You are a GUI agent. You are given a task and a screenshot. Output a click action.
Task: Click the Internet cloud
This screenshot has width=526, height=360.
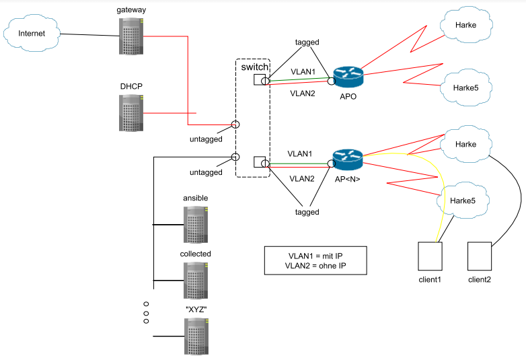coord(32,34)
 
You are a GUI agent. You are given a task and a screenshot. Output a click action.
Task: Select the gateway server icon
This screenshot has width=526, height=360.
coord(131,36)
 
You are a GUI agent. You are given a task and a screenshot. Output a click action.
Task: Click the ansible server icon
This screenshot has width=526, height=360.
coord(195,224)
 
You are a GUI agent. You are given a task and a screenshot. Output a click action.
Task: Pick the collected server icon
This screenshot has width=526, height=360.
coord(195,280)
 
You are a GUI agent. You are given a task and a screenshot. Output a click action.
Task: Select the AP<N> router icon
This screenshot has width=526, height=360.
coord(348,159)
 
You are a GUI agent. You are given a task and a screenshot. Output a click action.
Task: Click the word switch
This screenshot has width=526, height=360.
coord(255,68)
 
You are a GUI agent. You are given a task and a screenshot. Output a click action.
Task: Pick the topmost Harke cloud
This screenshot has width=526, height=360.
coord(465,25)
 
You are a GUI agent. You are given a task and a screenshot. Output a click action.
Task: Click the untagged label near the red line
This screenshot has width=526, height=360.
coord(205,139)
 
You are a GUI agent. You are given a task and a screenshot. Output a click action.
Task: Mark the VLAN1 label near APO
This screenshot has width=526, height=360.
coord(303,71)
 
